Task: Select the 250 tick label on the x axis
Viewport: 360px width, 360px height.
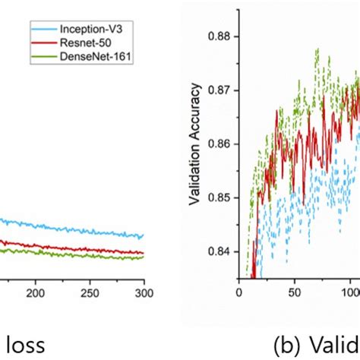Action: [90, 292]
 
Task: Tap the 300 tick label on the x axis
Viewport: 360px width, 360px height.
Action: [144, 292]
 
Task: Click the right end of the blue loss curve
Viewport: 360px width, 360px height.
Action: [143, 237]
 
